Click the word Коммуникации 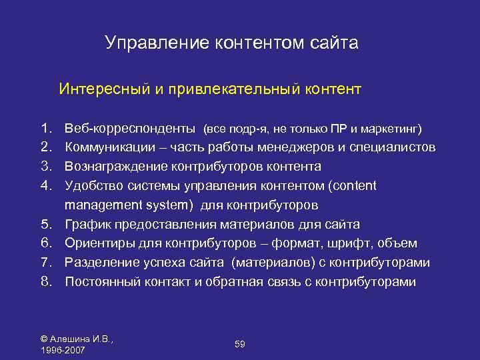click(x=110, y=147)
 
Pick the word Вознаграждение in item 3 click(x=116, y=166)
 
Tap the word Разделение click(x=101, y=263)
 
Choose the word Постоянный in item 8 click(x=101, y=282)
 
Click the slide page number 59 click(x=240, y=343)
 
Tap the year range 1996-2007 click(x=63, y=350)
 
